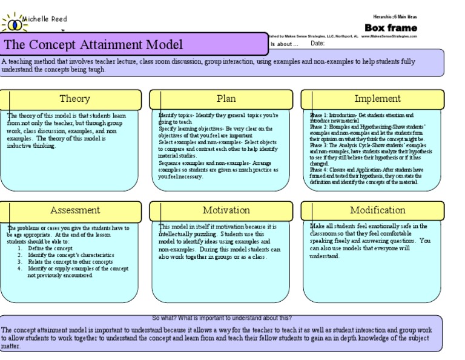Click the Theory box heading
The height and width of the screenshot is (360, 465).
[74, 99]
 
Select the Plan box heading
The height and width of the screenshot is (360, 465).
[226, 99]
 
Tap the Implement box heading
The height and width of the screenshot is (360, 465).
[377, 99]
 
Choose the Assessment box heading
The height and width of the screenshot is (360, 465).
[74, 210]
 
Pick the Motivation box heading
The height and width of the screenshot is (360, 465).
[226, 210]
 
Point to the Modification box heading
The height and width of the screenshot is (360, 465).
[377, 210]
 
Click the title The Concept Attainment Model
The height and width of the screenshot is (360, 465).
[94, 45]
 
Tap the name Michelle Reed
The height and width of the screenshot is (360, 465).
[45, 19]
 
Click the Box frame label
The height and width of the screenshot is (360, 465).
[390, 28]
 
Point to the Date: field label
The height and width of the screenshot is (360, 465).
[318, 44]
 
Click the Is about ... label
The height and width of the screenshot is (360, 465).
[284, 44]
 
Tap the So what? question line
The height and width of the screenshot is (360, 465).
[222, 318]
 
